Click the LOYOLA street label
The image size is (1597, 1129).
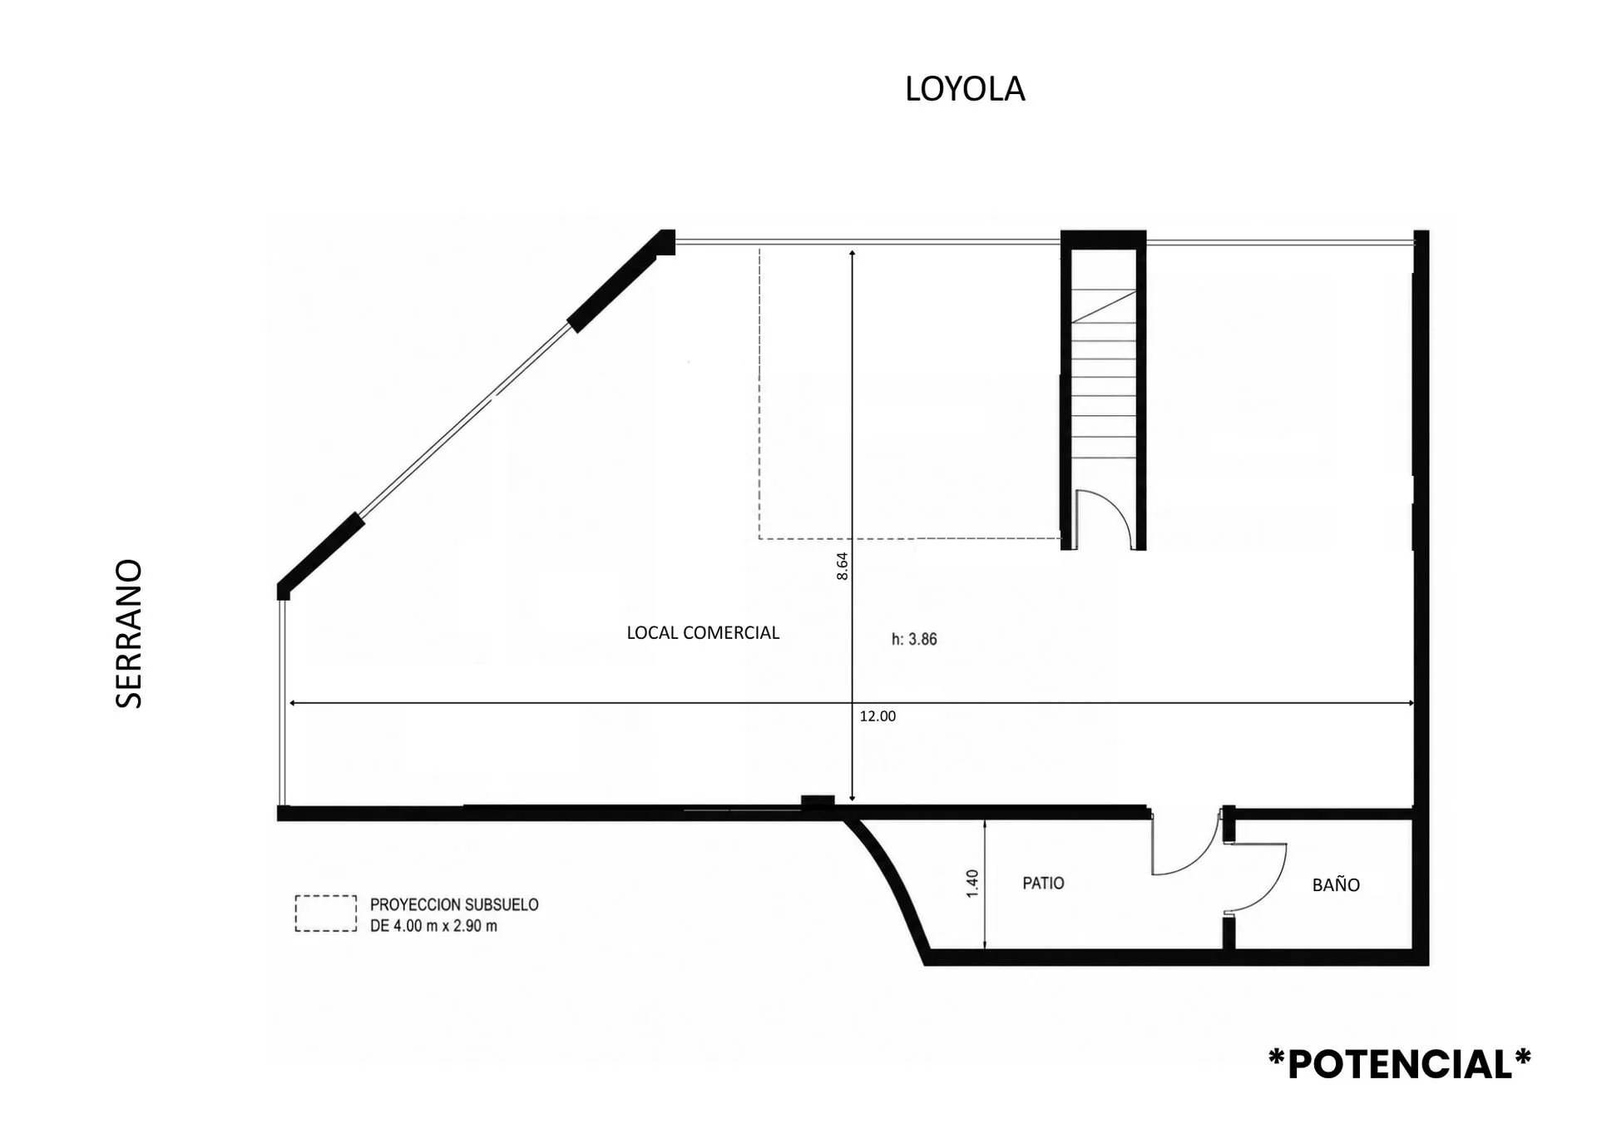[x=965, y=89]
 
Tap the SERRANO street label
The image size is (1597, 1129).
[x=129, y=634]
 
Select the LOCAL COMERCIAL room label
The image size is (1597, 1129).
[x=703, y=632]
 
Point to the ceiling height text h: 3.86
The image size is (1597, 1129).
[x=914, y=639]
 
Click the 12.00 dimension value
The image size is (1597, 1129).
[x=878, y=716]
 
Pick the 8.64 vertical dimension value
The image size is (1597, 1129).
[x=842, y=566]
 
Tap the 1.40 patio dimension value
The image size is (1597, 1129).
[x=972, y=884]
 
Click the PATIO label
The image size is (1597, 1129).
[x=1043, y=883]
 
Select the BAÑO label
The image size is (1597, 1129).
[x=1336, y=884]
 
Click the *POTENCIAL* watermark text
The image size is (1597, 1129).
[x=1399, y=1064]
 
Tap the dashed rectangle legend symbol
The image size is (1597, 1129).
[x=326, y=914]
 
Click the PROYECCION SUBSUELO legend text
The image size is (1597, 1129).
[x=454, y=904]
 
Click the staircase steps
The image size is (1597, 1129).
[x=1103, y=374]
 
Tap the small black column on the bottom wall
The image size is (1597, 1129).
[x=817, y=802]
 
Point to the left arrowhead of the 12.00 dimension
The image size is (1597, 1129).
[x=292, y=703]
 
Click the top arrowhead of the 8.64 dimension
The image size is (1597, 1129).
[x=853, y=252]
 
